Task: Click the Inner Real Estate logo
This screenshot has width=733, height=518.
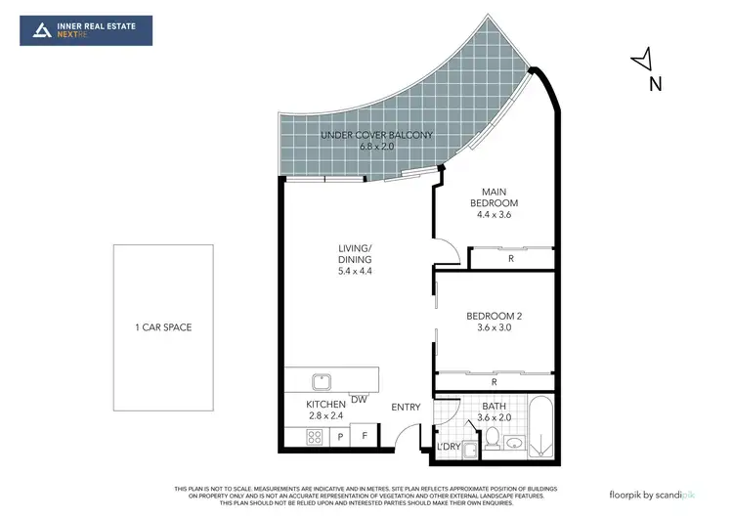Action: click(x=86, y=30)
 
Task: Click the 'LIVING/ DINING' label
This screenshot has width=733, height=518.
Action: click(x=355, y=260)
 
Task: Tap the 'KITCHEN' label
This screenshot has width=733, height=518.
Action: click(x=326, y=404)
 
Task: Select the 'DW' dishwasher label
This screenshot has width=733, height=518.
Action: click(x=359, y=399)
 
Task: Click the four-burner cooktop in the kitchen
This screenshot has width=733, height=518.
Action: click(x=316, y=438)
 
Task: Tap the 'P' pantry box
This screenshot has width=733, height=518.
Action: click(x=341, y=438)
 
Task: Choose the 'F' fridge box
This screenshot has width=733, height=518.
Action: click(x=365, y=438)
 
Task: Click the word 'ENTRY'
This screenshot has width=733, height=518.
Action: click(x=406, y=407)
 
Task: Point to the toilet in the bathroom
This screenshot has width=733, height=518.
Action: click(x=494, y=437)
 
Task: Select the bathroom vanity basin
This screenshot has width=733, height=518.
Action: click(x=515, y=443)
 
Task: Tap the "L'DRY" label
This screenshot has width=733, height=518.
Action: click(x=449, y=447)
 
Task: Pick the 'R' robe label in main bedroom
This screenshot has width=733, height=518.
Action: click(x=511, y=259)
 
